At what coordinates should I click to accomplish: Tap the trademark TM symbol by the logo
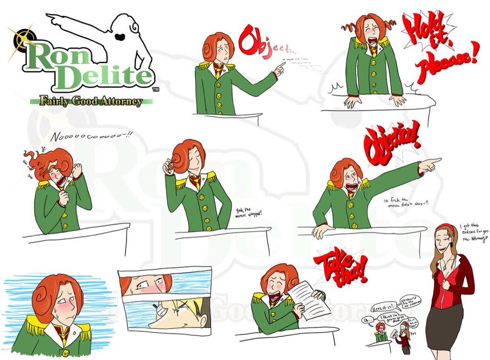[x=156, y=89]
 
